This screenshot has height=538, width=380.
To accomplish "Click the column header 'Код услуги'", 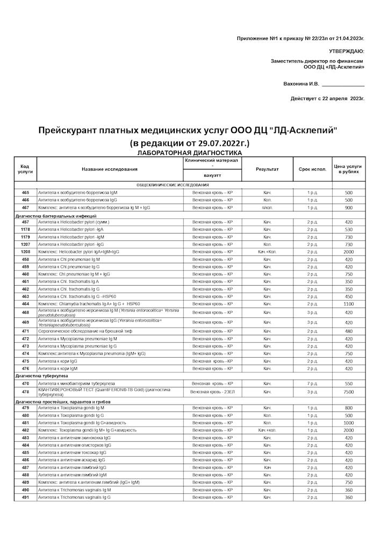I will click(x=25, y=169).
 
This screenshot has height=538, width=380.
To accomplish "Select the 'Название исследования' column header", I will click(x=110, y=169).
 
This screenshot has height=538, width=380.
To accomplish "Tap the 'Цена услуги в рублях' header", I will click(x=348, y=169).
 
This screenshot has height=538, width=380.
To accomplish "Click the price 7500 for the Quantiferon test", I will click(x=348, y=392).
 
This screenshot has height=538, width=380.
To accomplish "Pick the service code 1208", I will click(x=25, y=252).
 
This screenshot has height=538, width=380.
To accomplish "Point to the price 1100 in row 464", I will click(x=348, y=304).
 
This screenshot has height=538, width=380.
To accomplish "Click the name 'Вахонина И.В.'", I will click(x=301, y=84).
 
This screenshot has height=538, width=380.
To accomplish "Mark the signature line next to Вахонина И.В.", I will click(x=343, y=85).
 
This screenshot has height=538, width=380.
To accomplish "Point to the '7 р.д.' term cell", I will click(x=312, y=384).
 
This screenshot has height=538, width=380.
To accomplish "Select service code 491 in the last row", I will click(x=25, y=498).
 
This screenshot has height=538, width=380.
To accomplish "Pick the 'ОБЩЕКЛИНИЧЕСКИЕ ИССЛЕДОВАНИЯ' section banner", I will click(x=172, y=185).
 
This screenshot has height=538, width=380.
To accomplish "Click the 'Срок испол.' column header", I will click(x=312, y=169).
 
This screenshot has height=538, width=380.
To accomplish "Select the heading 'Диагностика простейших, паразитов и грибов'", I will click(x=62, y=401).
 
